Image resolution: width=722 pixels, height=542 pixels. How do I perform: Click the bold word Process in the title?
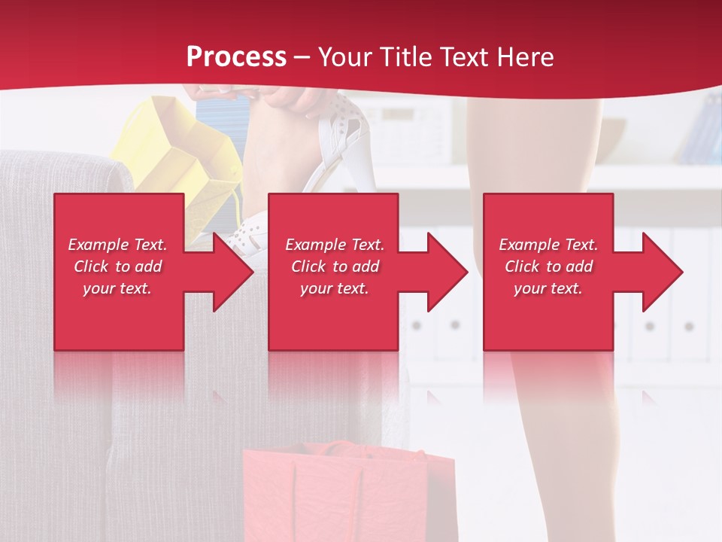pos(236,57)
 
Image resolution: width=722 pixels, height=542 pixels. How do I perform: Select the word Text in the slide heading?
pos(463,57)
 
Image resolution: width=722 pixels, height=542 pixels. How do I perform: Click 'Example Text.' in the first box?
pos(117,245)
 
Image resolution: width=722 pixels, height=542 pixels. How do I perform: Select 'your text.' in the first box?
pos(117,288)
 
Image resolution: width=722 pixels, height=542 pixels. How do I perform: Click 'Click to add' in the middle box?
pos(335,266)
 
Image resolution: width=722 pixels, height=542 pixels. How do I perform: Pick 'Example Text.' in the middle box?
pos(335,245)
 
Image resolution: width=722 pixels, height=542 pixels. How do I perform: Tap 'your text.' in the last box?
pos(548,288)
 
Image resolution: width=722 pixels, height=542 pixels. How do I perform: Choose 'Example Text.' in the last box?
pos(548,245)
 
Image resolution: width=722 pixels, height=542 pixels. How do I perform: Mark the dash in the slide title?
pos(302,58)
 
